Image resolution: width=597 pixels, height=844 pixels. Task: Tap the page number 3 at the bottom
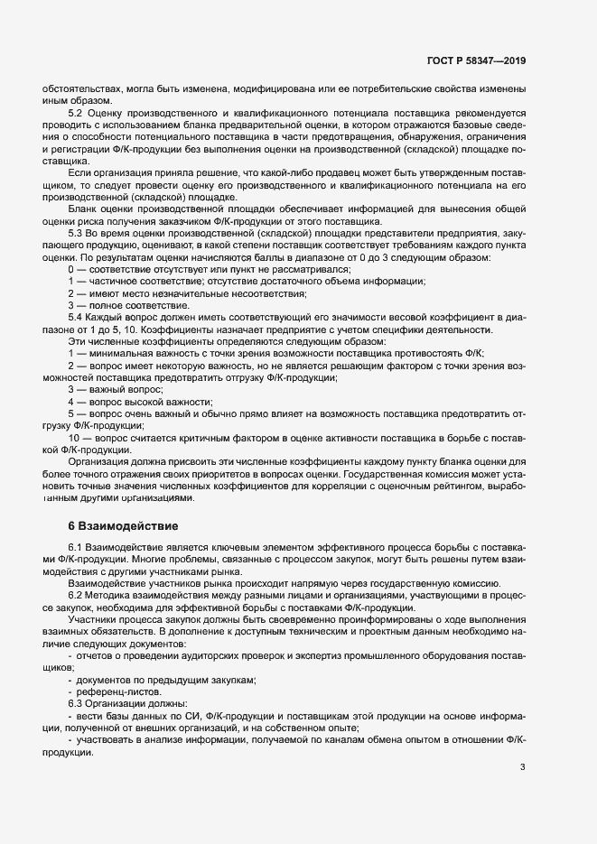(522, 768)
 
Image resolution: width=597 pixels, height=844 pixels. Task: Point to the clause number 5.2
(77, 113)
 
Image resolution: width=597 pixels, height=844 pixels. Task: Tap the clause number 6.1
(77, 549)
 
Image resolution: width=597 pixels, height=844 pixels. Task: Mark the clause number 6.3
(77, 701)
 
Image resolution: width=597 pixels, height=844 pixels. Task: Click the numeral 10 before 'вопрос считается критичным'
(74, 437)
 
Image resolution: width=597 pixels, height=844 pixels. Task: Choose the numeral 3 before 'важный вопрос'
(71, 389)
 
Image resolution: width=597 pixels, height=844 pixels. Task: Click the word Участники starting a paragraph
(96, 631)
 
